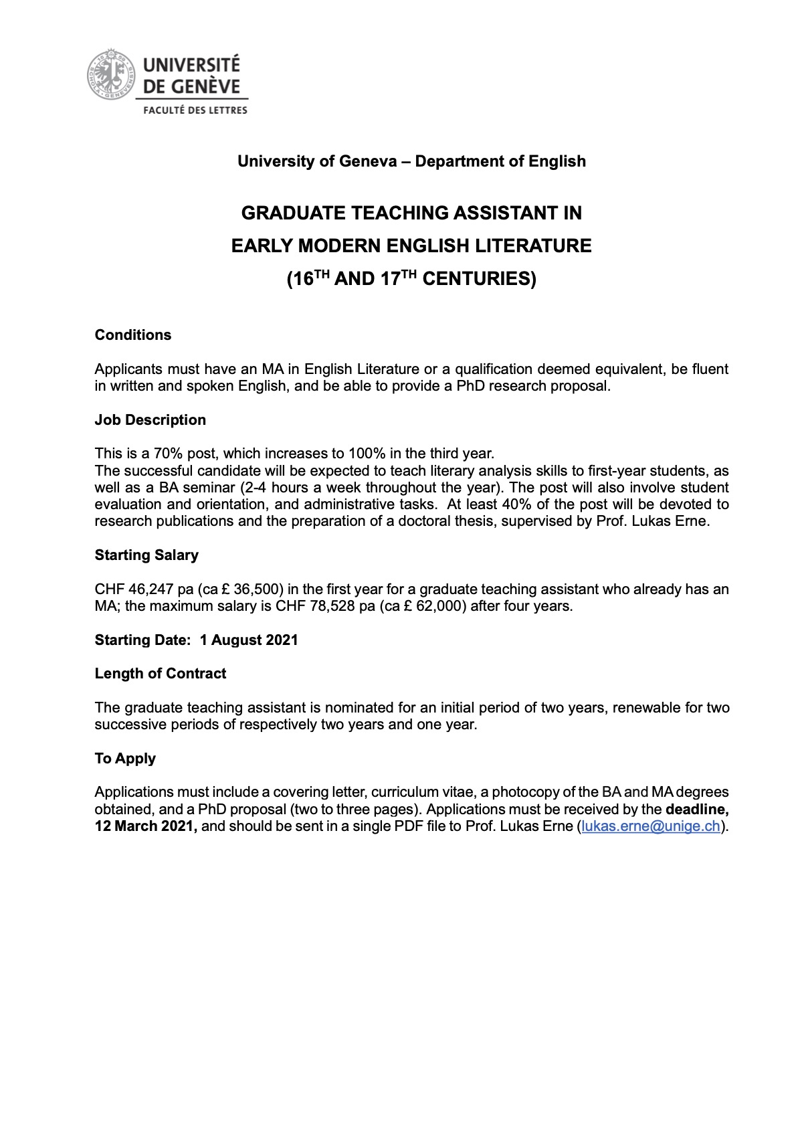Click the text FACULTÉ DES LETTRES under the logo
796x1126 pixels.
point(193,110)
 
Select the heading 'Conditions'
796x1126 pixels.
point(133,335)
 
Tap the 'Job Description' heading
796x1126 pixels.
point(151,420)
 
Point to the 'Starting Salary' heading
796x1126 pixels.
point(146,555)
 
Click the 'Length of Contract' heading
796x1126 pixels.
point(161,674)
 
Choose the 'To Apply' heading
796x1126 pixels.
point(125,759)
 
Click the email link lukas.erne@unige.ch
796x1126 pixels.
point(651,826)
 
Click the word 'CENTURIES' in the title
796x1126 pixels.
point(479,279)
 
